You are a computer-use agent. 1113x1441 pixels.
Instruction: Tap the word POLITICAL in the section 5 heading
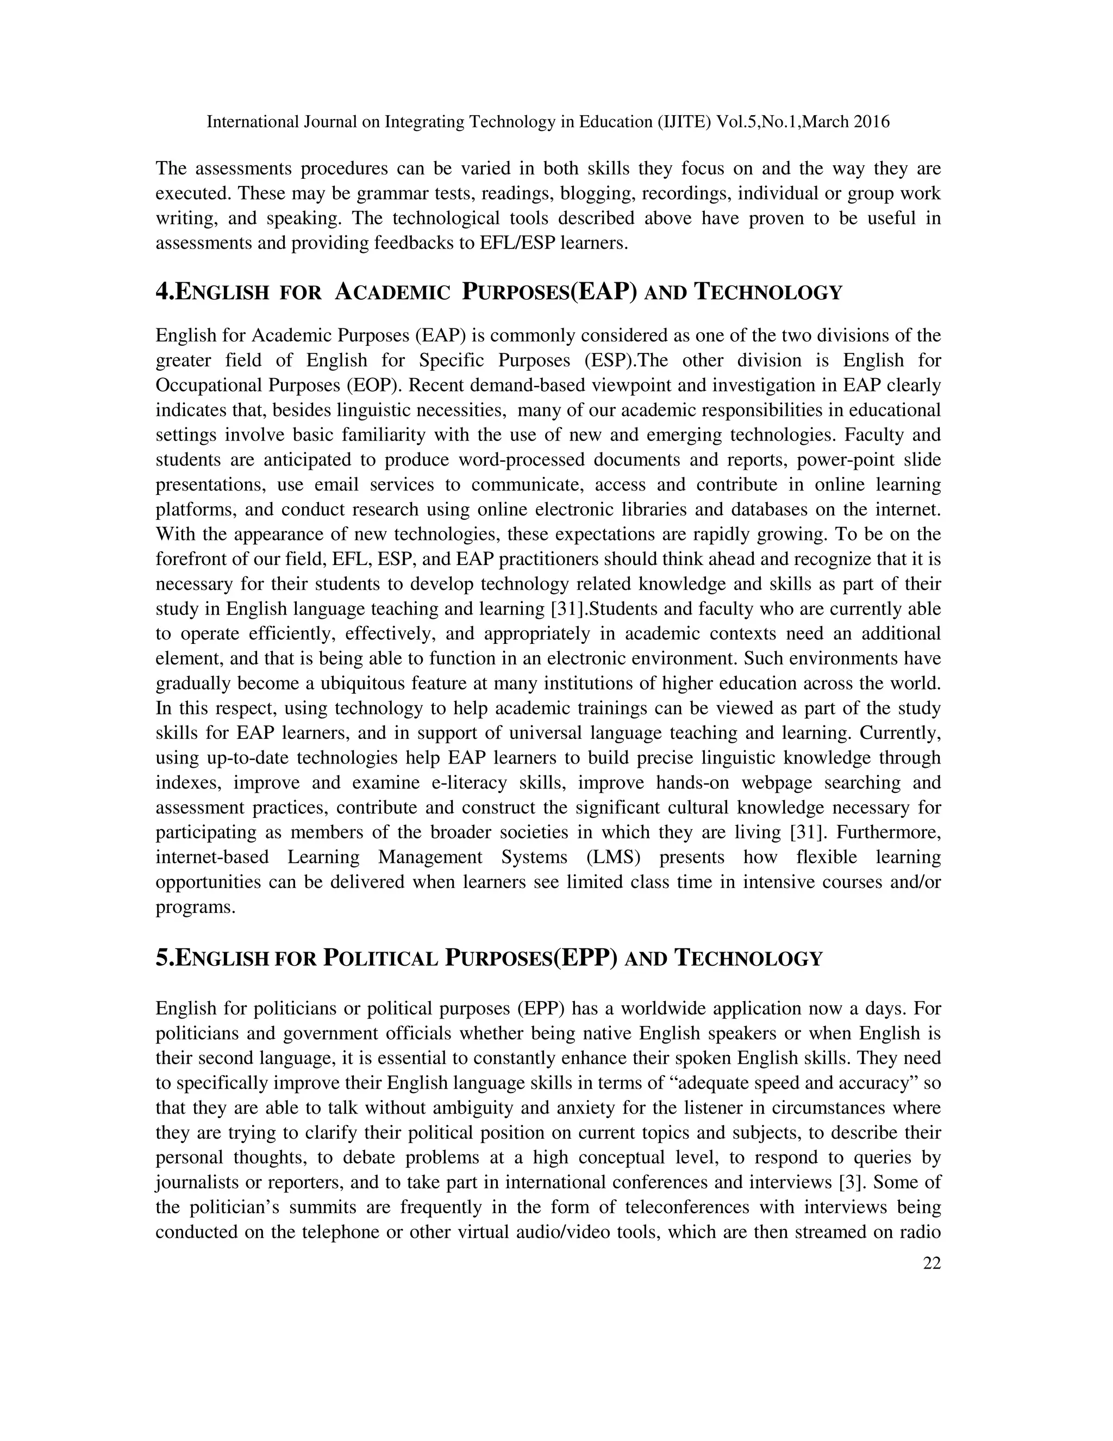click(380, 959)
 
